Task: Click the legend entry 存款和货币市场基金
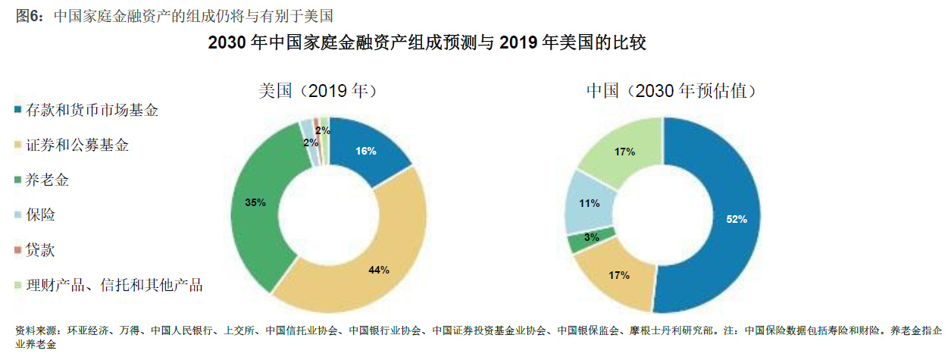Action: (x=92, y=111)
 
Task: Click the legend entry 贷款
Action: (x=41, y=250)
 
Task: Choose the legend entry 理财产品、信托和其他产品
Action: (x=114, y=286)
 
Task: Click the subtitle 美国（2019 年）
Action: (x=318, y=91)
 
